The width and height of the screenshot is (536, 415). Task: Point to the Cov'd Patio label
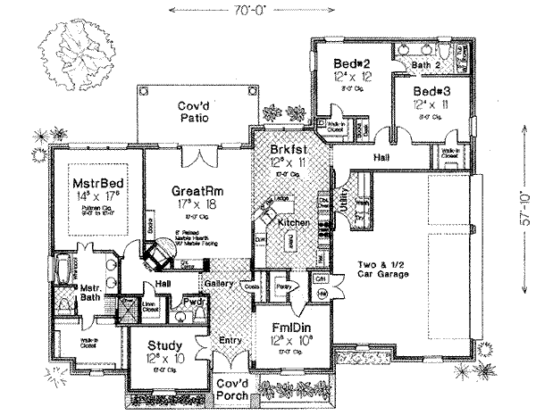tap(190, 112)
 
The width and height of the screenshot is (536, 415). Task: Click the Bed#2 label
tap(353, 63)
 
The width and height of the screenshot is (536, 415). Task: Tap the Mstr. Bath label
tap(89, 294)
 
